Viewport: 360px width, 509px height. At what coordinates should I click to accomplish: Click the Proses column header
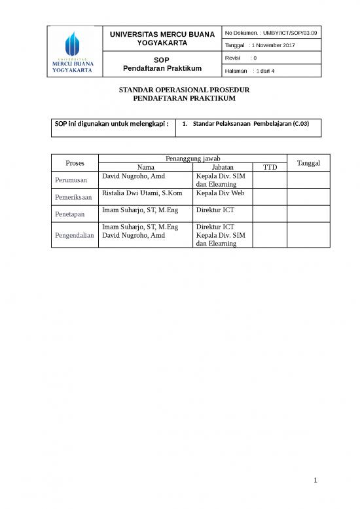pyautogui.click(x=75, y=162)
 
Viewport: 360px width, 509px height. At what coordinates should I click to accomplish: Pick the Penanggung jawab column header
pyautogui.click(x=192, y=159)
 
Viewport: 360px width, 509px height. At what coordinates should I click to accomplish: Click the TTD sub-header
pyautogui.click(x=270, y=168)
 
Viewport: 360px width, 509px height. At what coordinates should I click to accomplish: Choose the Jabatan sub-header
pyautogui.click(x=223, y=168)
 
